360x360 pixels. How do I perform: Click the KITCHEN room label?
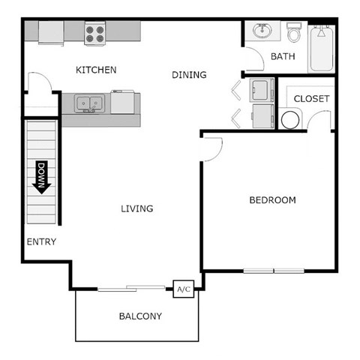tap(96, 70)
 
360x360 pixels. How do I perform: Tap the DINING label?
tap(189, 74)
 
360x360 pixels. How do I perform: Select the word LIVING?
tap(137, 208)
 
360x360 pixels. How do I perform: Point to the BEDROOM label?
tap(272, 200)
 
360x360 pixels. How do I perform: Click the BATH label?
tap(283, 56)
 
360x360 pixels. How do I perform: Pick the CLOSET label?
tap(311, 99)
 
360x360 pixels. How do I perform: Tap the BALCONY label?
tap(140, 316)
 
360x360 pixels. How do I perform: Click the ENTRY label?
tap(41, 241)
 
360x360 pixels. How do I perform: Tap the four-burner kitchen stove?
tap(95, 33)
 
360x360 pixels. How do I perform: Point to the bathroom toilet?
tap(294, 32)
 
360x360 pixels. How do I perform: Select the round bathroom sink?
tap(262, 31)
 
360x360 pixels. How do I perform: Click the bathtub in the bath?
tap(322, 48)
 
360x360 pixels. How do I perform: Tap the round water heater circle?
tap(290, 119)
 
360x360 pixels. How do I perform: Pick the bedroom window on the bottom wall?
tap(273, 270)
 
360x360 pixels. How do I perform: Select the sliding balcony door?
tap(132, 287)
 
